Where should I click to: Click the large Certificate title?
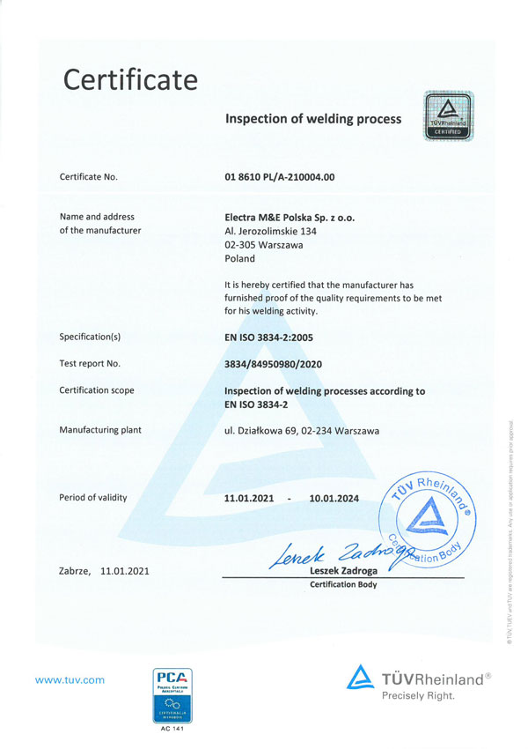[130, 80]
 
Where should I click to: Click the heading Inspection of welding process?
[313, 118]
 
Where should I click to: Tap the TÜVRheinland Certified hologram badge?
[450, 115]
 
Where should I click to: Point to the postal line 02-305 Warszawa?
[264, 245]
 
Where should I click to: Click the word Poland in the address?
[240, 259]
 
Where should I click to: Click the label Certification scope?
[97, 390]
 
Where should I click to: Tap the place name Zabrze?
[75, 571]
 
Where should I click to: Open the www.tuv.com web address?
[70, 679]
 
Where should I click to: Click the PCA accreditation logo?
[173, 698]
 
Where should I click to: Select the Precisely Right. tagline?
[418, 696]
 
